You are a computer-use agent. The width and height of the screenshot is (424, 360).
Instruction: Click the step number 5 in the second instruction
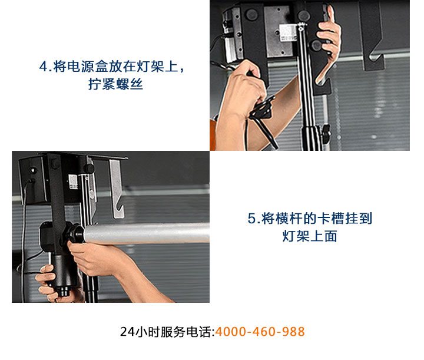click(252, 219)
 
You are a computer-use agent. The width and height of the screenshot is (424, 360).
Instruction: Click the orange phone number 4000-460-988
click(260, 331)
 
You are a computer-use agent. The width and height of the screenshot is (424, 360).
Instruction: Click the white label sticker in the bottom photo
click(73, 181)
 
